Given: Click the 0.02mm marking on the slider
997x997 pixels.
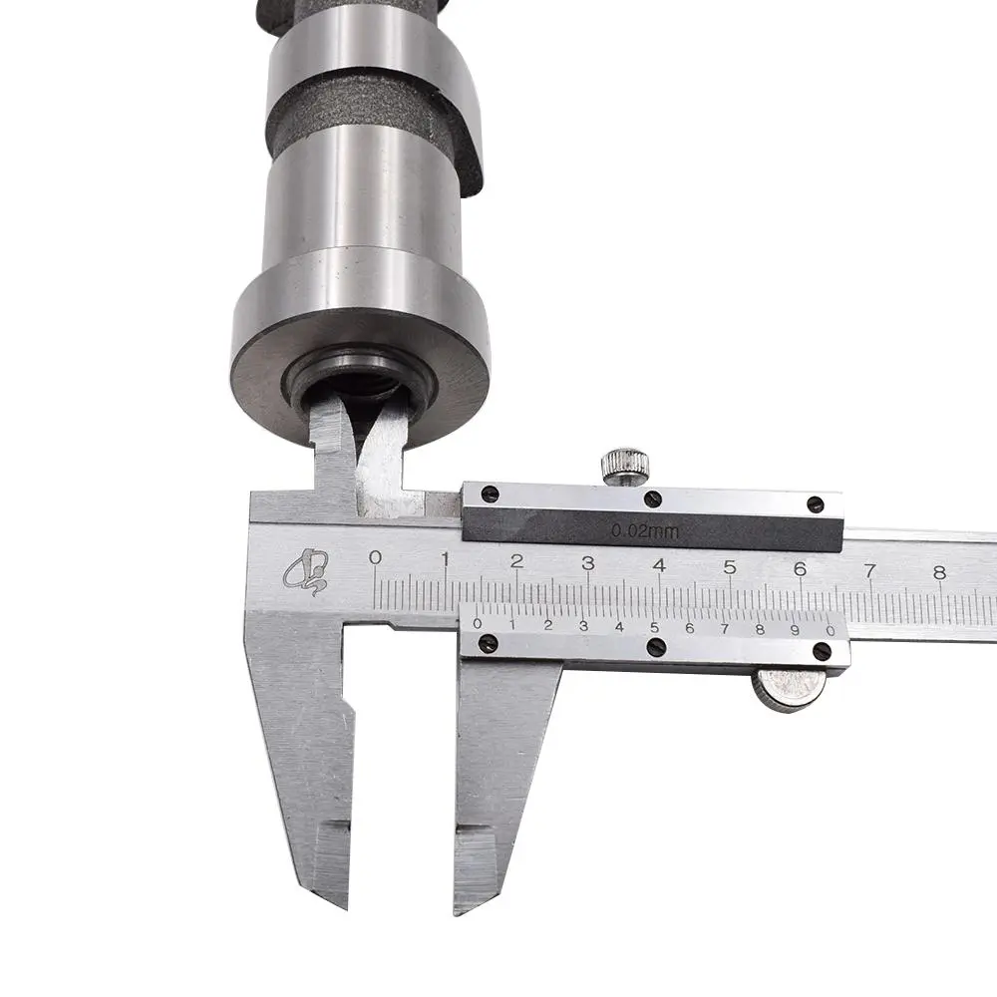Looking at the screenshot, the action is tap(645, 530).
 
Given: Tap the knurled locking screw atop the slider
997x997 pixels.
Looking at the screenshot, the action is tap(626, 465).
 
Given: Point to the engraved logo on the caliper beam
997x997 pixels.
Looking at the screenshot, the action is tap(306, 570).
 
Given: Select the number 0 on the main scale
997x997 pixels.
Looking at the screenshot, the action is tap(376, 557).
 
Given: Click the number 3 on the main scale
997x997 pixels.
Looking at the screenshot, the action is tap(588, 562).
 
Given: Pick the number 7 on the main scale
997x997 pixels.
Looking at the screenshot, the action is tap(869, 570).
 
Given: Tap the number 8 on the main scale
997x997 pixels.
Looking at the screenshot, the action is tap(940, 572).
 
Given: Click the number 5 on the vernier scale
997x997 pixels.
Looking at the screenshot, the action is tap(654, 627).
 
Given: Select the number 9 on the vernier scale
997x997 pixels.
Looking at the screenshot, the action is tap(795, 630).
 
